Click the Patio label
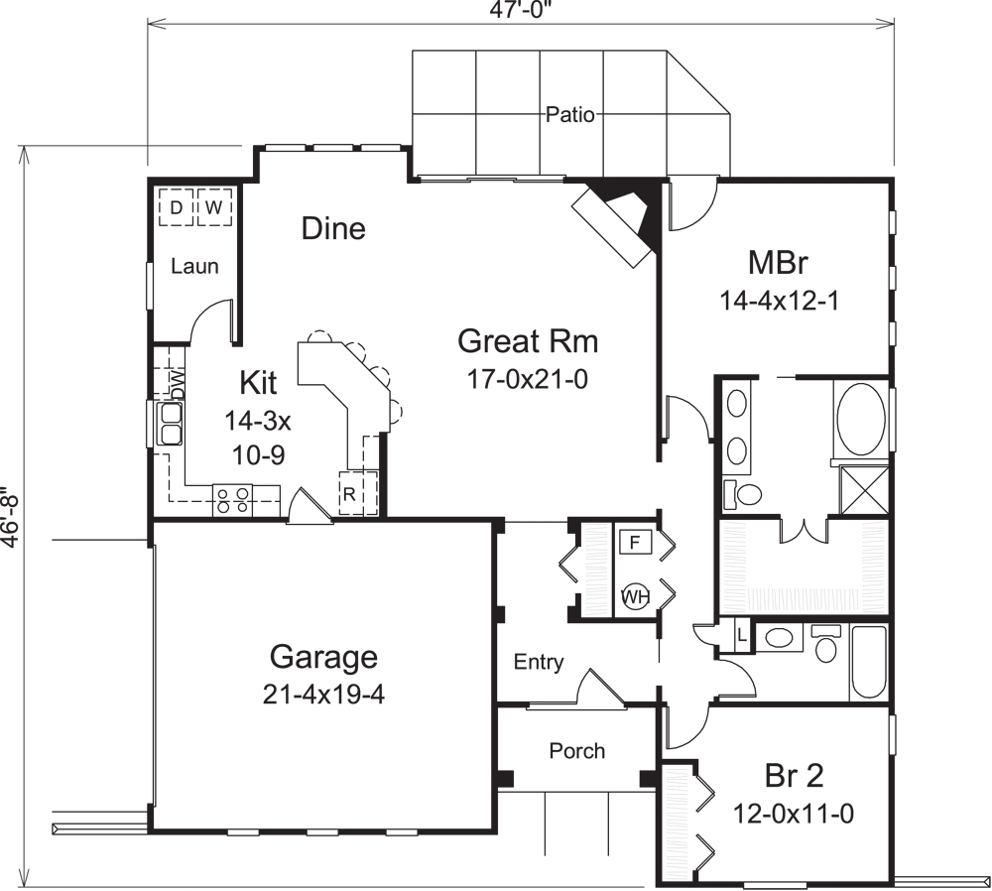570,115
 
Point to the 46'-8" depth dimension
11,516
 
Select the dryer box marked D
176,207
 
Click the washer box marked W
213,207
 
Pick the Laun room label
194,266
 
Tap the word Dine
333,229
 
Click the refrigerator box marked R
350,493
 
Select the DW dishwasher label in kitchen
177,385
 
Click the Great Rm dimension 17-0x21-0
528,378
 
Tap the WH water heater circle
634,596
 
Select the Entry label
539,662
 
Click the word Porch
577,751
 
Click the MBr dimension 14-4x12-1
780,301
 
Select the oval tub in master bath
860,417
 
